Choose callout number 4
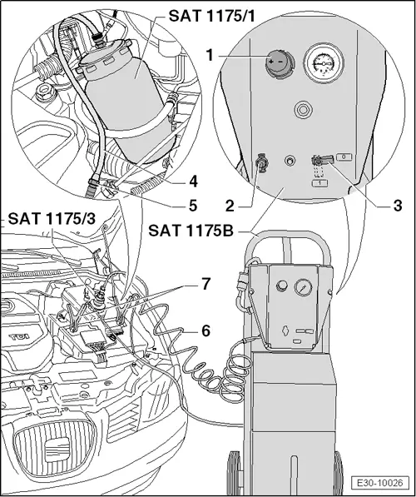point(192,178)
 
